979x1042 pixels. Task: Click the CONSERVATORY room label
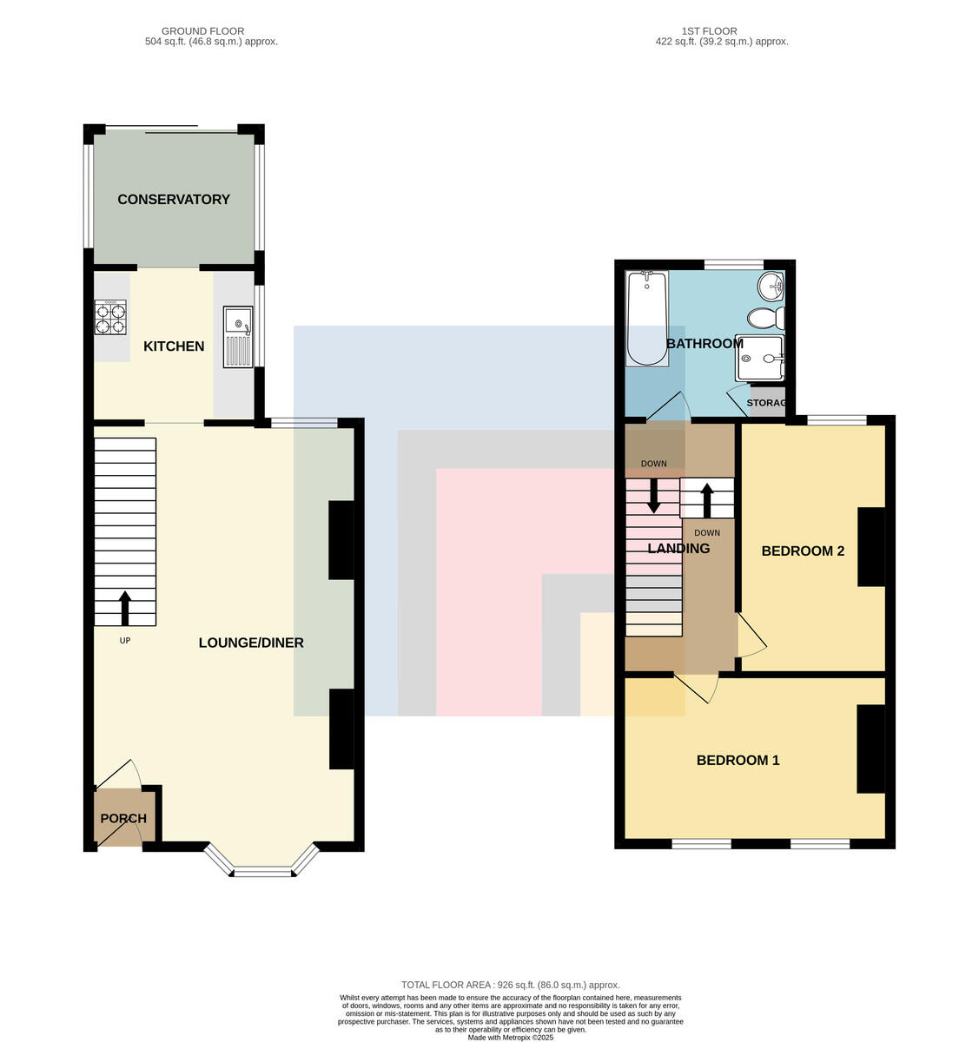(173, 200)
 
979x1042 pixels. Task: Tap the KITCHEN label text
(174, 346)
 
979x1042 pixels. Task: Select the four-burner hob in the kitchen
(110, 317)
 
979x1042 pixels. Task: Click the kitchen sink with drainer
(238, 337)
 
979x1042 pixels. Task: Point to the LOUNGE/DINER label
(251, 643)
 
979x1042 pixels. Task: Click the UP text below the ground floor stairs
(125, 641)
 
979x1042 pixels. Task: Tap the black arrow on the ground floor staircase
(125, 608)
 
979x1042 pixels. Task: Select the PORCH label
(123, 819)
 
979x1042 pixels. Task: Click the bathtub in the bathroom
(647, 319)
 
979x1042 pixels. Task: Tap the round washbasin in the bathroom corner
(771, 287)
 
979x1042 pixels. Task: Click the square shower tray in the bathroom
(759, 358)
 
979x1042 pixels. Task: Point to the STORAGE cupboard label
(766, 403)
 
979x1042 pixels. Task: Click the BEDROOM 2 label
(803, 551)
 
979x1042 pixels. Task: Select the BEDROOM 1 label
(738, 761)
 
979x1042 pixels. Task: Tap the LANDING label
(678, 548)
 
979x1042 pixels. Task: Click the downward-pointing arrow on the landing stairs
(653, 495)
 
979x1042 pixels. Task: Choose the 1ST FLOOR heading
(709, 31)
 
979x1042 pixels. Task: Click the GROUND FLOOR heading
(202, 31)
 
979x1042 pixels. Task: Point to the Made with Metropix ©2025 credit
(510, 1038)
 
